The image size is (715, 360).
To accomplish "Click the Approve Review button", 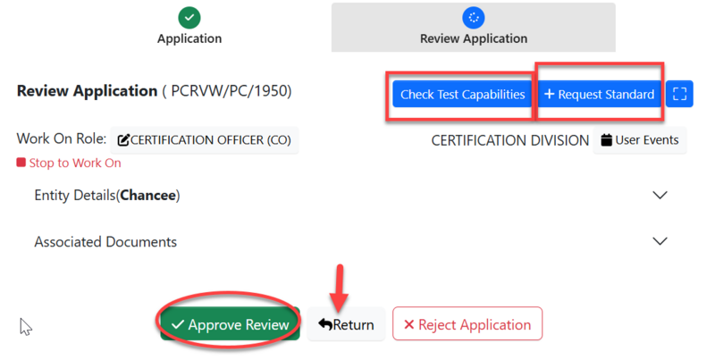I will click(231, 324).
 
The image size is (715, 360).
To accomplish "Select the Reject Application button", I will click(467, 324).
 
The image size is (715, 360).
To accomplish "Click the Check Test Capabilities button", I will click(462, 94).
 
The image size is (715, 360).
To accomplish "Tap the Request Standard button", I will click(600, 94).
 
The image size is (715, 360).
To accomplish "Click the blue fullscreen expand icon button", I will click(679, 94).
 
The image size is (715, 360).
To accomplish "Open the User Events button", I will click(640, 140).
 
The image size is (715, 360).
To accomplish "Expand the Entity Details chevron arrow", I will click(660, 195).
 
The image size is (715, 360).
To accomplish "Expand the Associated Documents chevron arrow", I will click(660, 241).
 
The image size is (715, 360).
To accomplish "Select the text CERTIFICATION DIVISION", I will click(509, 140).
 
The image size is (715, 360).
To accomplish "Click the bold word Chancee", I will click(148, 195).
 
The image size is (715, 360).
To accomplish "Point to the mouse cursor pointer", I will click(25, 326).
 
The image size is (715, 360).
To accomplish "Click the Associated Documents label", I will click(105, 241).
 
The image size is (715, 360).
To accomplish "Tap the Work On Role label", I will click(62, 139).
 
